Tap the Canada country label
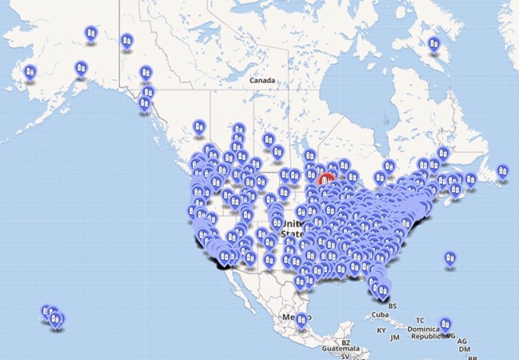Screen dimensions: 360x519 [261, 81]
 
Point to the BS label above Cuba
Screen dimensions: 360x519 [392, 306]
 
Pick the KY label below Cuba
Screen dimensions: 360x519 [381, 330]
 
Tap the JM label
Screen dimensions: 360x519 [394, 338]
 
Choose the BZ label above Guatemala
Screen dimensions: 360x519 [345, 342]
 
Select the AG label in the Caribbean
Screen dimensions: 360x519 [462, 342]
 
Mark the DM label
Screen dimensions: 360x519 [464, 350]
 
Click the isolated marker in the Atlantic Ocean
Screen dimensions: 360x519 [450, 259]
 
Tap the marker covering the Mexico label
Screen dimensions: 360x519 [301, 321]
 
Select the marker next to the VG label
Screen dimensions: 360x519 [445, 326]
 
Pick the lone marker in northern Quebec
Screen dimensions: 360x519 [434, 45]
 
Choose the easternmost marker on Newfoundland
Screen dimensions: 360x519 [501, 170]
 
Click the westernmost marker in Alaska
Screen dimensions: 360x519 [30, 71]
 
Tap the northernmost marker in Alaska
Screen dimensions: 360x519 [90, 34]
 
